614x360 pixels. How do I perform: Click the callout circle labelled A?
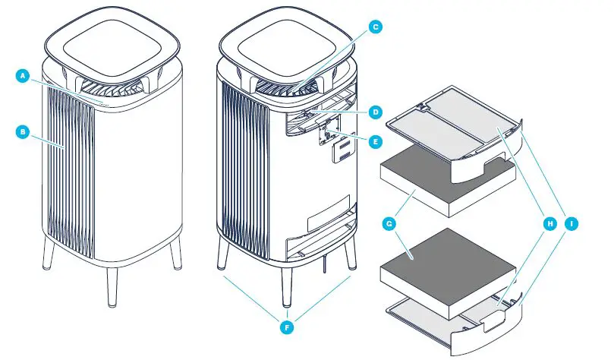pos(22,76)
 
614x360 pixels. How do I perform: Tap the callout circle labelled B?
pos(22,131)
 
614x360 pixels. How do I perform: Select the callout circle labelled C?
pos(374,26)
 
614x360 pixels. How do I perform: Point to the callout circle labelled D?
pos(374,112)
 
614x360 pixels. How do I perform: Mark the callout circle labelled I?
pos(571,224)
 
